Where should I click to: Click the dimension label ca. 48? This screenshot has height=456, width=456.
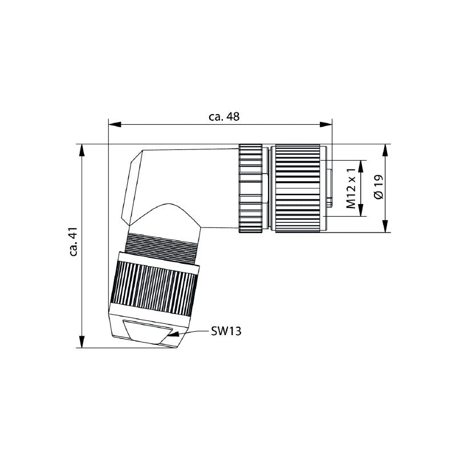pyautogui.click(x=224, y=116)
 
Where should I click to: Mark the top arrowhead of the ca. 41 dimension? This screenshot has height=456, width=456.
pyautogui.click(x=83, y=149)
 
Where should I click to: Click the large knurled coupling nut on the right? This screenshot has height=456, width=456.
pyautogui.click(x=297, y=188)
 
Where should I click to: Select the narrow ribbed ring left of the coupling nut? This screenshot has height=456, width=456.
pyautogui.click(x=251, y=188)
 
